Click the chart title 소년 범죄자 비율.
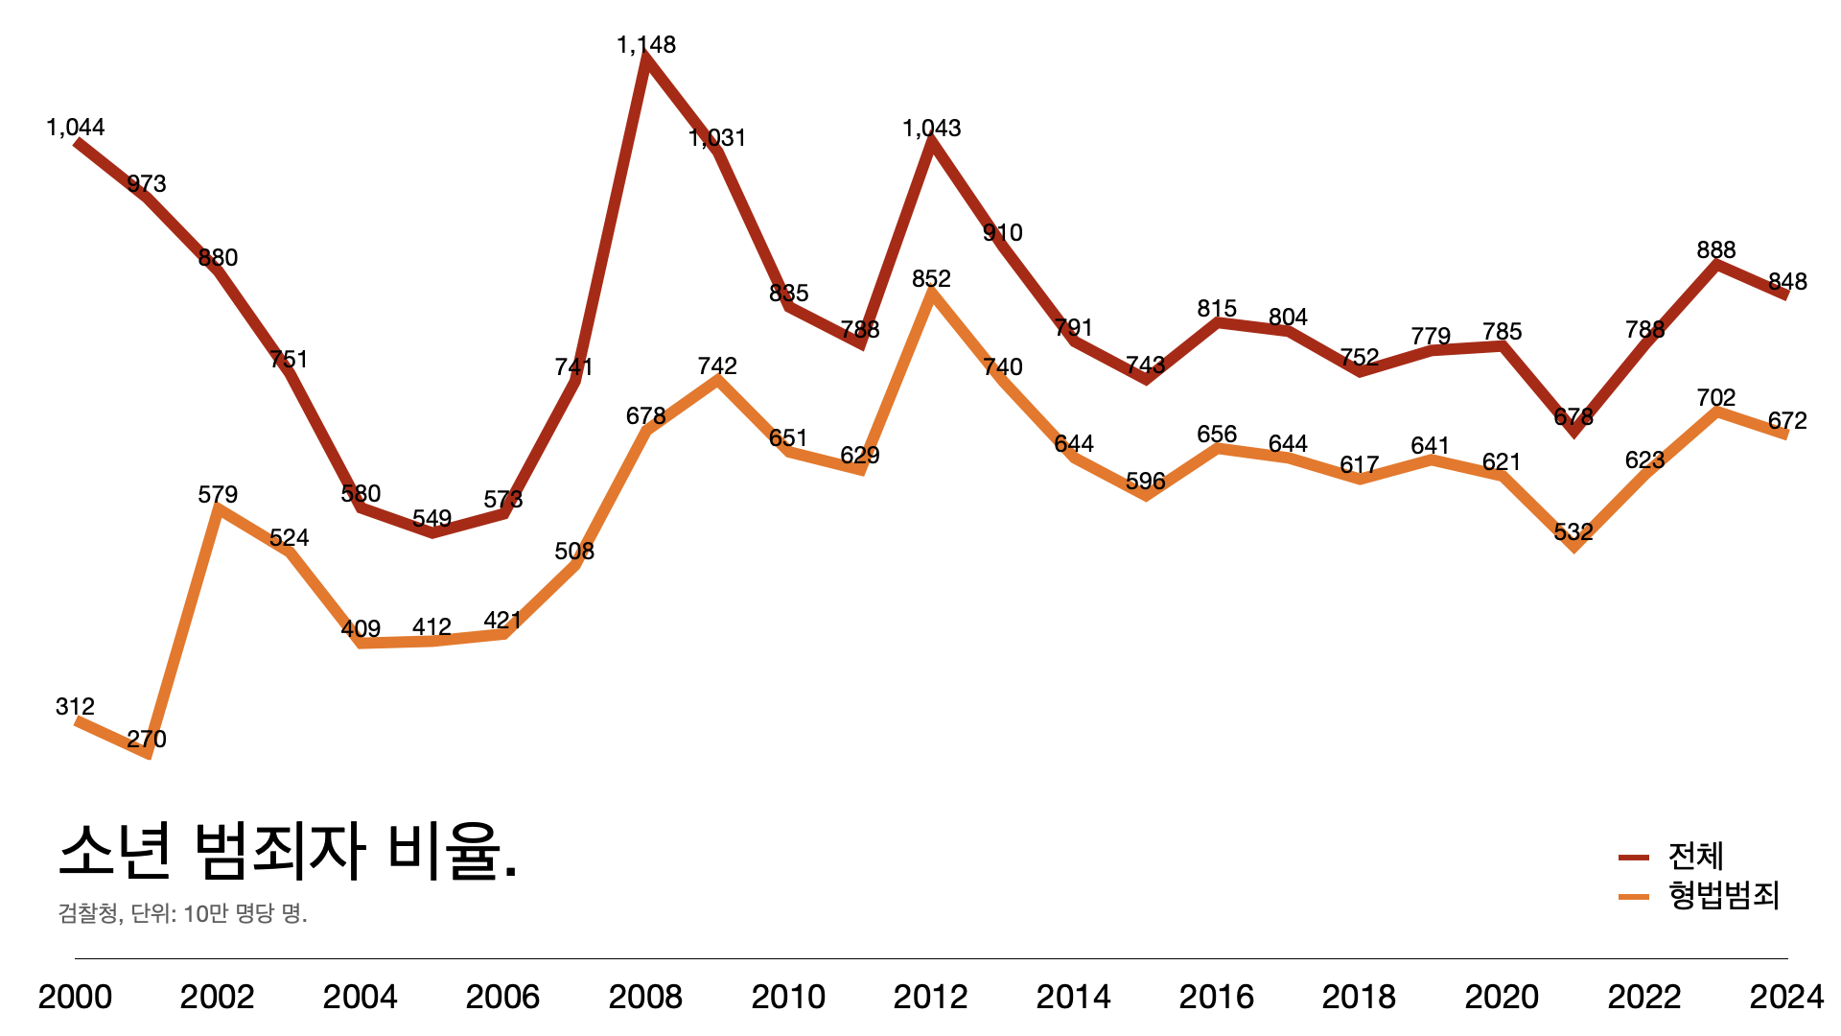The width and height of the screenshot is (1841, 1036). tap(288, 851)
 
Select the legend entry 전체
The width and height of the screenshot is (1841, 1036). tap(1695, 856)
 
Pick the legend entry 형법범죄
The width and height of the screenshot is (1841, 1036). tap(1723, 895)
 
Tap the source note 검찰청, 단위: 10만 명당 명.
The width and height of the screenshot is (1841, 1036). tap(182, 912)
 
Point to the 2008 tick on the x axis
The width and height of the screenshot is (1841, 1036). tap(645, 997)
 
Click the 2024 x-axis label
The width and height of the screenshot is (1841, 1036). tap(1786, 997)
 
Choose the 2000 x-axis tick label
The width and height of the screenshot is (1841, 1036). tap(75, 997)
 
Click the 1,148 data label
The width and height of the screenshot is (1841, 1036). tap(646, 45)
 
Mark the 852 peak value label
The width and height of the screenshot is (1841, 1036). tap(931, 279)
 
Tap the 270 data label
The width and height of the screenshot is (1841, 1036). tap(147, 740)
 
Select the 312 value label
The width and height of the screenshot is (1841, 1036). tap(75, 707)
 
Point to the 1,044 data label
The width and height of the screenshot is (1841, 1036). tap(75, 128)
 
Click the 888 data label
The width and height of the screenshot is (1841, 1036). tap(1715, 250)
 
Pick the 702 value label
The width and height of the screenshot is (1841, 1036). tap(1715, 398)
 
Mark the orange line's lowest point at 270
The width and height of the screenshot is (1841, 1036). tap(148, 754)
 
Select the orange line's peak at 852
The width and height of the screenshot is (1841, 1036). tap(931, 293)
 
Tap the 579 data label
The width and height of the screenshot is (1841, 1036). tap(218, 495)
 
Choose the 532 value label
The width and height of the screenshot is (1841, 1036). tap(1573, 532)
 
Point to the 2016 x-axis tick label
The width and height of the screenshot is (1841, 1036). tap(1216, 997)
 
